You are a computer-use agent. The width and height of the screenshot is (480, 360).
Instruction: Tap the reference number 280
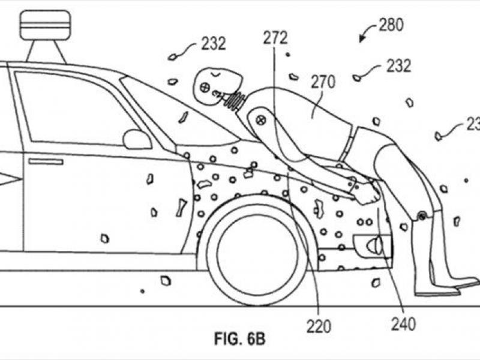coord(391,25)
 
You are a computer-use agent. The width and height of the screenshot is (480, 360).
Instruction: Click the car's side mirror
coord(137,139)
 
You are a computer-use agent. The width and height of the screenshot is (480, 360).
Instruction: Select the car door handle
coord(46,162)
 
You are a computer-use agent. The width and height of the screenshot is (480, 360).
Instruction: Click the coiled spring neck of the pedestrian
coord(235,98)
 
